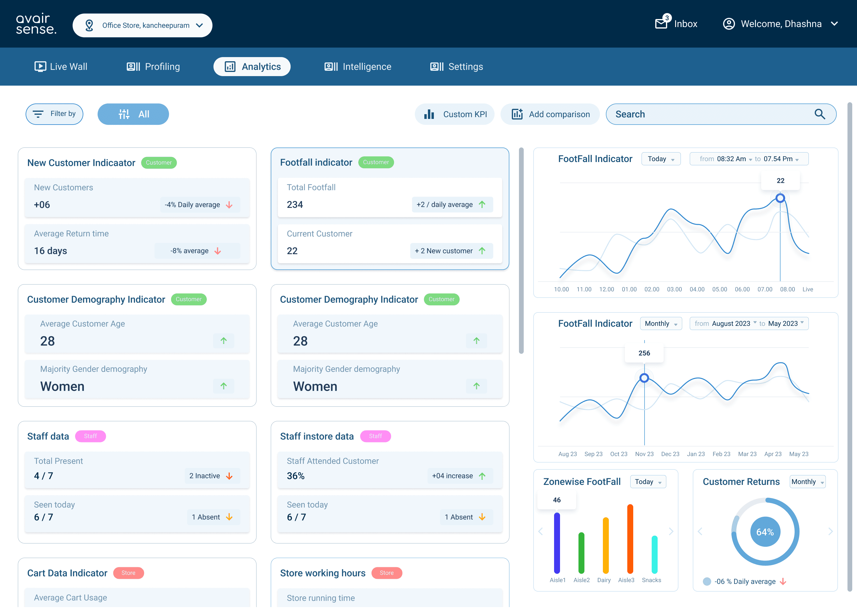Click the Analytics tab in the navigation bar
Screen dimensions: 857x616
pyautogui.click(x=252, y=66)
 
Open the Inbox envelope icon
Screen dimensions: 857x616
pyautogui.click(x=661, y=24)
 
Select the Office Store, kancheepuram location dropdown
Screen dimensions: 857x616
pyautogui.click(x=143, y=25)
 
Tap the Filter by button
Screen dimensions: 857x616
pyautogui.click(x=54, y=114)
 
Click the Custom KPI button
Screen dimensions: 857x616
pyautogui.click(x=455, y=114)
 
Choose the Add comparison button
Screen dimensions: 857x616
pyautogui.click(x=550, y=114)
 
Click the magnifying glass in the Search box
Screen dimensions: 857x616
pyautogui.click(x=820, y=114)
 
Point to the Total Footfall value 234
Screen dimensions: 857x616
pyautogui.click(x=295, y=205)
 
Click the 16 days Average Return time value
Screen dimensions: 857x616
pyautogui.click(x=51, y=251)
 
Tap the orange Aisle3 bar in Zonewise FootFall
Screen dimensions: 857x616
pyautogui.click(x=630, y=539)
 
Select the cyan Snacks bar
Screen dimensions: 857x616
pyautogui.click(x=654, y=554)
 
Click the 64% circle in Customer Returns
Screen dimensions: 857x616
pyautogui.click(x=765, y=532)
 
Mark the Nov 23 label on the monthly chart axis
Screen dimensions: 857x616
pyautogui.click(x=644, y=454)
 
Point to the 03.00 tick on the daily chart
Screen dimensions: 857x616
pyautogui.click(x=675, y=289)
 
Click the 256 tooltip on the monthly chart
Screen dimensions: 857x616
pyautogui.click(x=644, y=353)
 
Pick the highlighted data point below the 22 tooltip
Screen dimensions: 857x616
pyautogui.click(x=780, y=198)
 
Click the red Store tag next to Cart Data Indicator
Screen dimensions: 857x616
pyautogui.click(x=129, y=573)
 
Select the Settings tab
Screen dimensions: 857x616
pyautogui.click(x=456, y=66)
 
